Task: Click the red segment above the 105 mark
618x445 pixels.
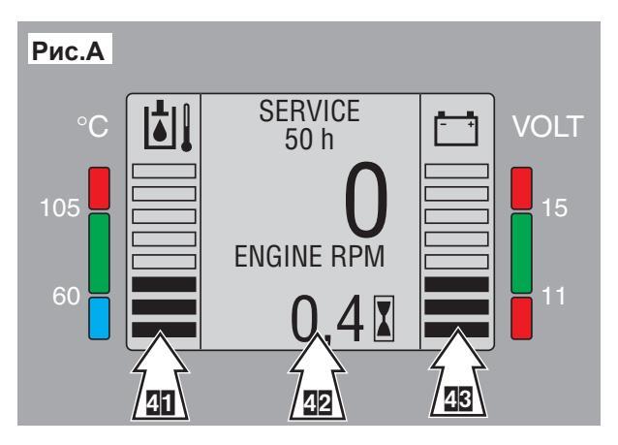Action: point(98,189)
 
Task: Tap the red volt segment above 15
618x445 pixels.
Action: point(522,189)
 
